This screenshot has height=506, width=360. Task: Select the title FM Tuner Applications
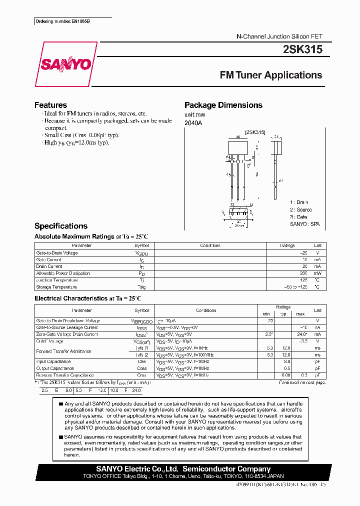271,75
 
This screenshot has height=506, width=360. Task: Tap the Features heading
50,105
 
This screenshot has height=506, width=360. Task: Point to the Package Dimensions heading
223,105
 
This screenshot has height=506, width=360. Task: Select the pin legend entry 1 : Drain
299,202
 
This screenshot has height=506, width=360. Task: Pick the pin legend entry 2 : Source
300,210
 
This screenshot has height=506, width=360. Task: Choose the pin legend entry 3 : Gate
298,217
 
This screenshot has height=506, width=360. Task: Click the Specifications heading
60,226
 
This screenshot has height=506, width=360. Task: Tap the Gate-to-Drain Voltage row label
57,253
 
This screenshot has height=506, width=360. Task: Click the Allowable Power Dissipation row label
63,273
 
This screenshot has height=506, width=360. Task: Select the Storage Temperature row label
56,287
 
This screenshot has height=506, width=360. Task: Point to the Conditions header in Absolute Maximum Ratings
210,246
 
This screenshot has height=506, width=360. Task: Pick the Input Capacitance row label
53,361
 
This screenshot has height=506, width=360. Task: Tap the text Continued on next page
301,382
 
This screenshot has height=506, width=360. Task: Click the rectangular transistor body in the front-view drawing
238,148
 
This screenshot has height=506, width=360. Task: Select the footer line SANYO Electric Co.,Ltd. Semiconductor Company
183,469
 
